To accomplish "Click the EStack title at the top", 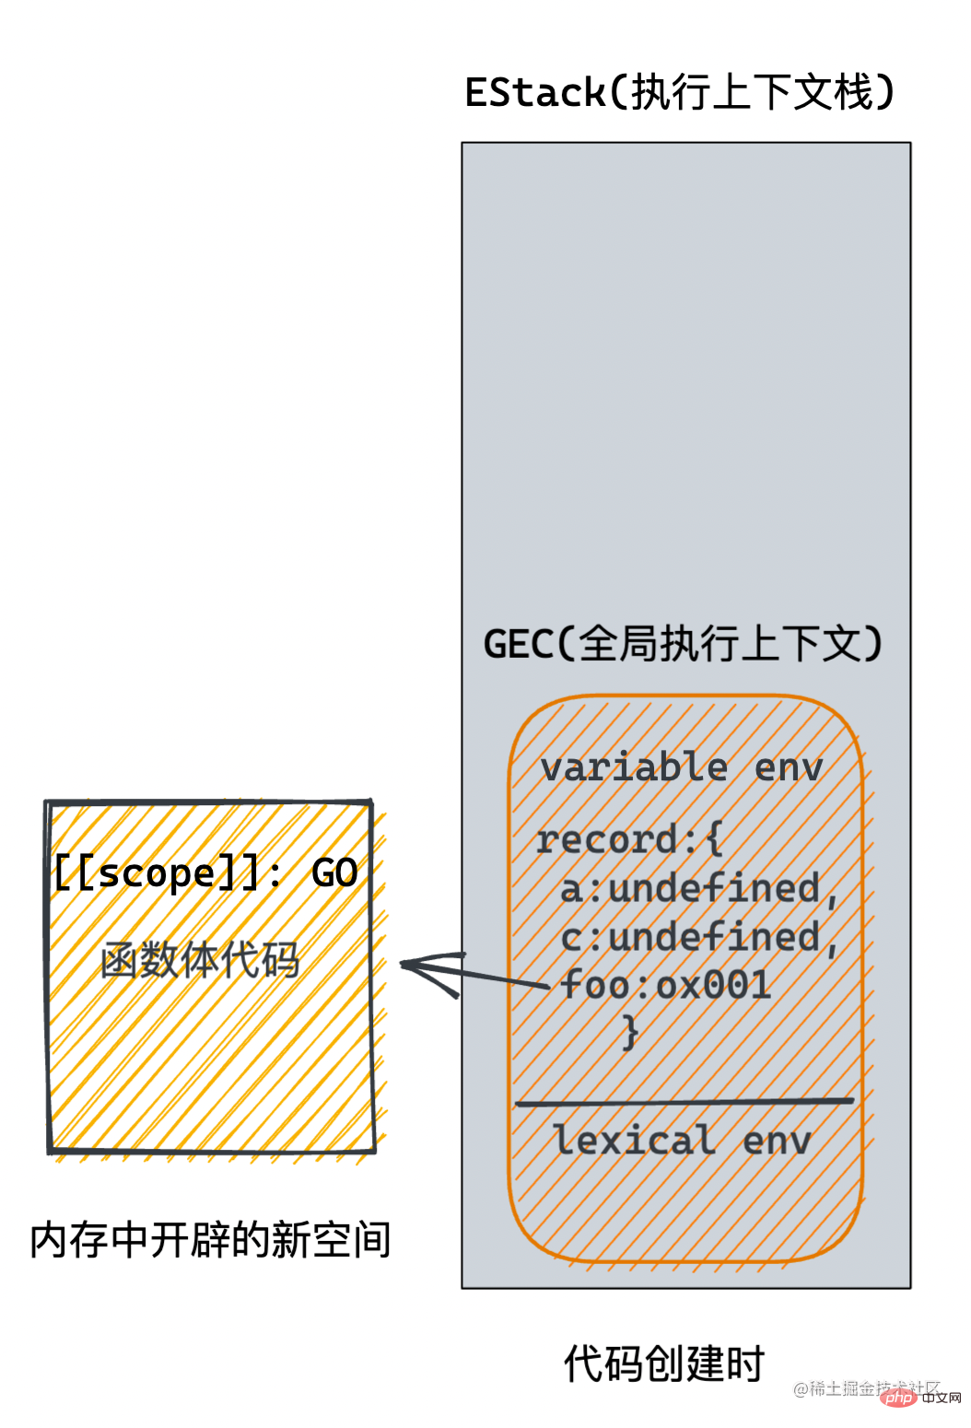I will pos(679,93).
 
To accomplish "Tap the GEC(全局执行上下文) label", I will pos(683,644).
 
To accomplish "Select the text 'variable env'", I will pos(681,767).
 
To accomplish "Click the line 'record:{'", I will pos(629,839).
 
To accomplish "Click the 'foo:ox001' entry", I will pos(665,986).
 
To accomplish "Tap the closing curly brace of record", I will pos(631,1032).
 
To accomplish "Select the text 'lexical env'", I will pos(683,1141).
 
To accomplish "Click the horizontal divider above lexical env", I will pos(684,1101).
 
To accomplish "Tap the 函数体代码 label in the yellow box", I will pos(200,960).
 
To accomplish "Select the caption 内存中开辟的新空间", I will pos(210,1240).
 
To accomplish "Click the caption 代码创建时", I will pos(664,1364).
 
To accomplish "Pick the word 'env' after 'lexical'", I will pos(777,1141).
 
